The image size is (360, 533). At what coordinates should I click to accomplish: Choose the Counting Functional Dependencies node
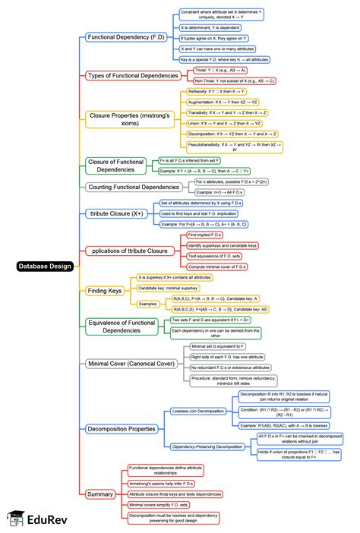click(x=134, y=187)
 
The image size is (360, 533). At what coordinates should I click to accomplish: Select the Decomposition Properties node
click(x=122, y=429)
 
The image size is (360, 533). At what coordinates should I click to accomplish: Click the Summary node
click(x=100, y=494)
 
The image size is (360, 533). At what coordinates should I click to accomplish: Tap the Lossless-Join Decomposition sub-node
click(x=198, y=411)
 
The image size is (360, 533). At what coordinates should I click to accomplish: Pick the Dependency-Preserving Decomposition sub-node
click(x=208, y=446)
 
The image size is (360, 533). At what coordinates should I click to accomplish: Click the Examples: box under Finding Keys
click(x=149, y=304)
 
